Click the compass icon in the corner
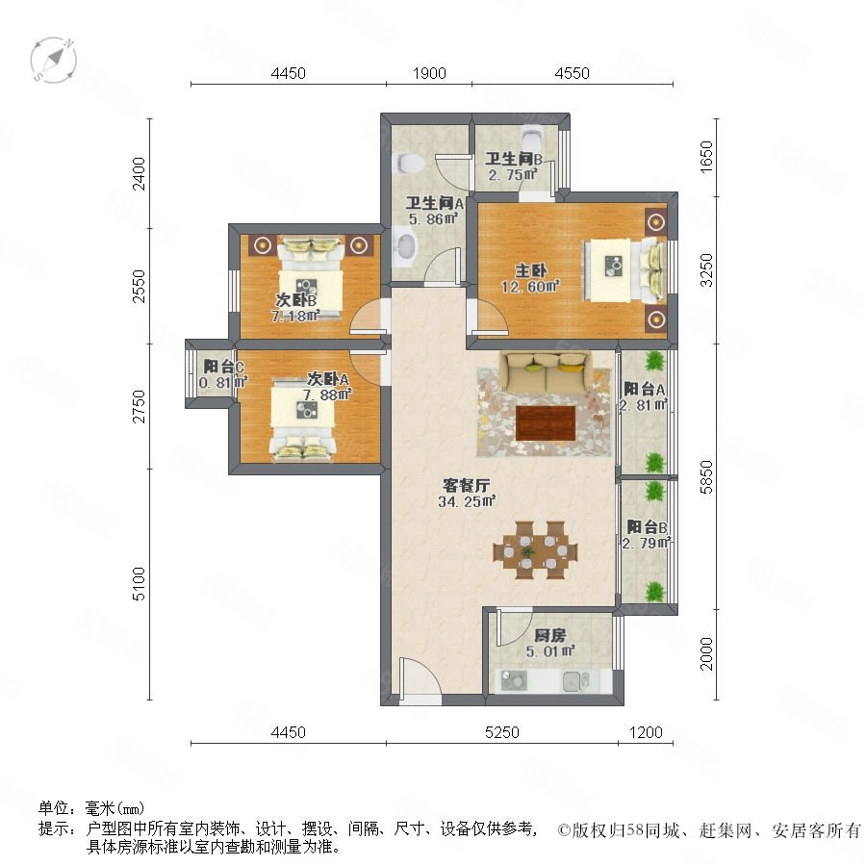coord(54,60)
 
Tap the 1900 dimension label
coord(429,73)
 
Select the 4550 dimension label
coord(573,73)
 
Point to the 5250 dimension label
coord(502,732)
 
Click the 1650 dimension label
coord(707,158)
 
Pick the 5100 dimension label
coord(139,584)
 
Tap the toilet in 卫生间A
coord(409,164)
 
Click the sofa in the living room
coord(546,372)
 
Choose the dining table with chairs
coord(535,550)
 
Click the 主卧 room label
coord(531,270)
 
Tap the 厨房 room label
coord(550,636)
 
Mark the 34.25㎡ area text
coord(467,501)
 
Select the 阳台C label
coord(223,367)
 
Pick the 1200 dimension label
coord(646,732)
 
